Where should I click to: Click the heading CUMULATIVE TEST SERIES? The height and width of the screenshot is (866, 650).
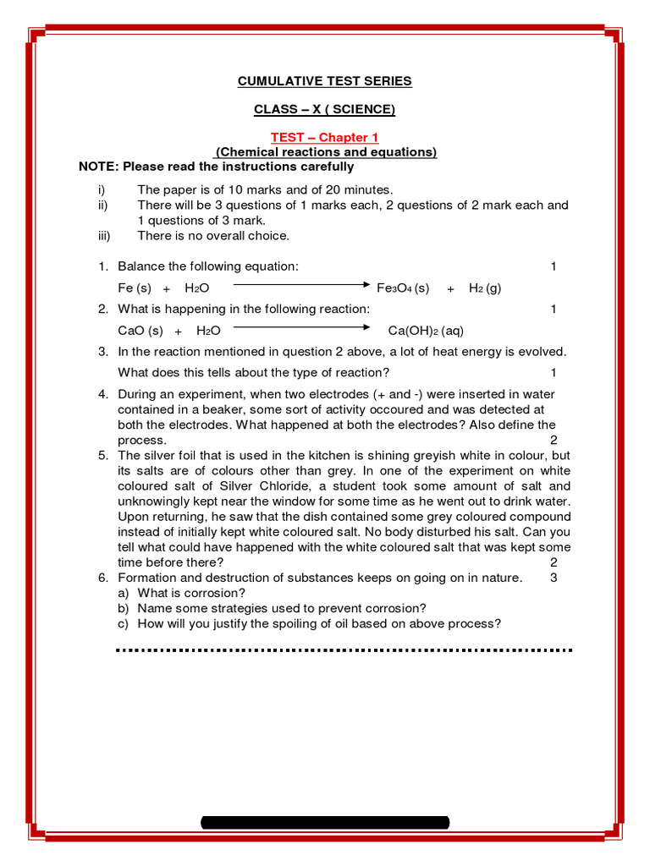point(325,81)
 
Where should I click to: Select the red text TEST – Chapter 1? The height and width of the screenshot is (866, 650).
point(325,137)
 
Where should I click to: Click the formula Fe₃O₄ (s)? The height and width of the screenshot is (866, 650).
point(403,288)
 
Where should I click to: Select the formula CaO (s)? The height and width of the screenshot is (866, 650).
point(140,331)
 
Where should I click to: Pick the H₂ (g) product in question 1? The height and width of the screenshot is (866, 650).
point(485,288)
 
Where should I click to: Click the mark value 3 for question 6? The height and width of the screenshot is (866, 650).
point(554,578)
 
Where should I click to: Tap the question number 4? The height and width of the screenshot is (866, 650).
point(102,394)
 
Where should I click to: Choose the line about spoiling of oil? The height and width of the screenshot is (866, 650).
point(319,623)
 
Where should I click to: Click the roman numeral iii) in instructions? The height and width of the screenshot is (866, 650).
point(104,236)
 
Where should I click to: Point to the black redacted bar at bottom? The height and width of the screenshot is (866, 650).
point(325,822)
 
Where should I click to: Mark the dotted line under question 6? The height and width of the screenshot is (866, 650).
point(344,650)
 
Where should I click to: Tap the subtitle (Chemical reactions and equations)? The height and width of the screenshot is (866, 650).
point(326,152)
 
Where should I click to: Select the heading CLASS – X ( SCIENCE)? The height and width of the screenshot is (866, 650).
point(325,109)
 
